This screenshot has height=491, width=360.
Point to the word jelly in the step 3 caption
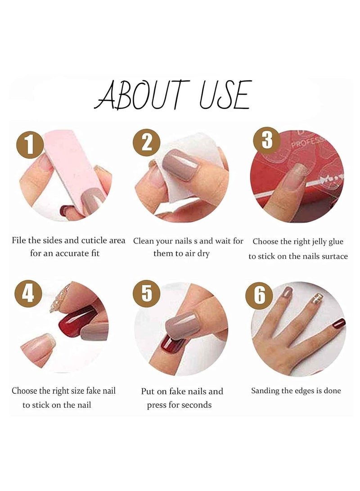point(311,242)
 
